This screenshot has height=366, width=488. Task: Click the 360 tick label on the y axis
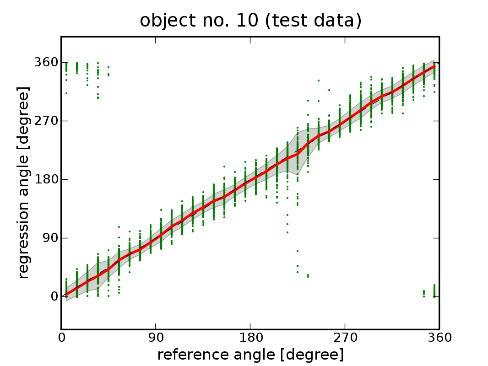tap(45, 63)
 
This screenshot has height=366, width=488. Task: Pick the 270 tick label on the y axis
tap(45, 121)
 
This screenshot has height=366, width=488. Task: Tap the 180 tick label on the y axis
tap(45, 180)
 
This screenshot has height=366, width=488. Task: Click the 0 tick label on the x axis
tap(61, 338)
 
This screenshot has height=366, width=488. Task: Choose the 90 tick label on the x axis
tap(156, 338)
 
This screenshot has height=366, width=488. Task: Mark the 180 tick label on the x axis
tap(250, 338)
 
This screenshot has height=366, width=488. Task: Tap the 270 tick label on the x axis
tap(345, 338)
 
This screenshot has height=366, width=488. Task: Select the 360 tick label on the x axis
tap(439, 338)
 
